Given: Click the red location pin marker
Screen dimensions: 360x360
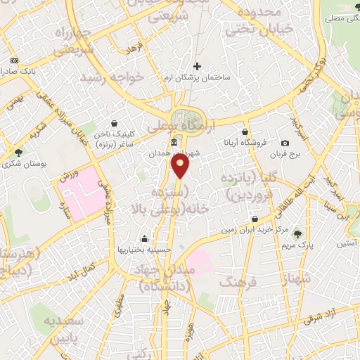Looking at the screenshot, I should point(181,166).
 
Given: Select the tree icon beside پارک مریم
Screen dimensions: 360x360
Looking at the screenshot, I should point(298,233).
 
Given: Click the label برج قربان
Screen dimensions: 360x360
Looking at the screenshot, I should point(285,154).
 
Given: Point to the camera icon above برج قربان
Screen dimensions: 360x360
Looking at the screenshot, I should point(285,143).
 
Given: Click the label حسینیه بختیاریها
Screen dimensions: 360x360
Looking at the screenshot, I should point(144,250).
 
